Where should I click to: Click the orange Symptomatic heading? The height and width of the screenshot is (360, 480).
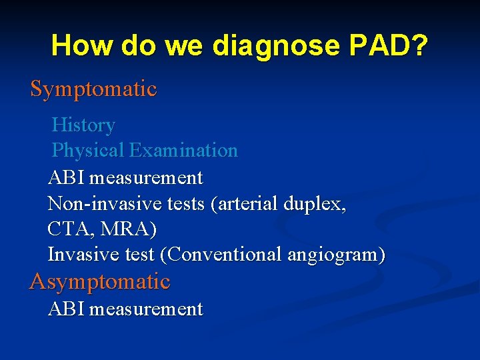[x=93, y=89]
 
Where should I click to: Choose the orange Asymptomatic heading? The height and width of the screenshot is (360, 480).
[x=100, y=281]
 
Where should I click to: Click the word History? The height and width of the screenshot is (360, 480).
[x=83, y=125]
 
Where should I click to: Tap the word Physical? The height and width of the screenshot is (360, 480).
[x=88, y=151]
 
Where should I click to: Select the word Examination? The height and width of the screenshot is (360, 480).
[x=183, y=151]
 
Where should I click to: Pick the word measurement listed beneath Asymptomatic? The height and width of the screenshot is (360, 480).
[x=146, y=309]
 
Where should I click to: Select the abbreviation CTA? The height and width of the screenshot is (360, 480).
[x=69, y=229]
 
